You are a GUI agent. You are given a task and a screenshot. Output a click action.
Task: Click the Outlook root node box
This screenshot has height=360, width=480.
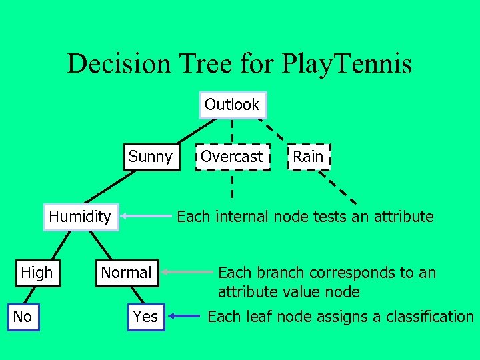[x=232, y=105]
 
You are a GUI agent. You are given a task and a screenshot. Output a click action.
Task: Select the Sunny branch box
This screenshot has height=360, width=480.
[x=150, y=157]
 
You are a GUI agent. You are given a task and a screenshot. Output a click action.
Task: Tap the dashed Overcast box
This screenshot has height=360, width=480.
[x=233, y=157]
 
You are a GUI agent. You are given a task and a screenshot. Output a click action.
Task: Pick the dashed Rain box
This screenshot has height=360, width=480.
[x=308, y=157]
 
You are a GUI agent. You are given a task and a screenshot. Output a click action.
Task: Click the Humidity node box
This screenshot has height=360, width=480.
[x=80, y=217]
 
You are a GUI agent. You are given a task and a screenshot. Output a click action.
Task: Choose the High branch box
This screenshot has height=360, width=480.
[x=37, y=273]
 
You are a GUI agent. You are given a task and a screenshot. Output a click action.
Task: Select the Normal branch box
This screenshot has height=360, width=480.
[x=126, y=273]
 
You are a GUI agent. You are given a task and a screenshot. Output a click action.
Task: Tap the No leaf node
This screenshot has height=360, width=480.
[x=23, y=317]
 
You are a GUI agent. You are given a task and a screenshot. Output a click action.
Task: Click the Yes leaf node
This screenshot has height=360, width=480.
[x=145, y=317]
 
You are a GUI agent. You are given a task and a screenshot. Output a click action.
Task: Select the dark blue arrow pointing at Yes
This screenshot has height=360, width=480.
[x=183, y=317]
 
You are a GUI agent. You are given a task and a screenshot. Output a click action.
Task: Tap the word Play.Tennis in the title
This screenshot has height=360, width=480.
[x=347, y=64]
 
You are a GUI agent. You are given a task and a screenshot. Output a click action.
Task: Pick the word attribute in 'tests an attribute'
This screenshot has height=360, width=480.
[x=403, y=217]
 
